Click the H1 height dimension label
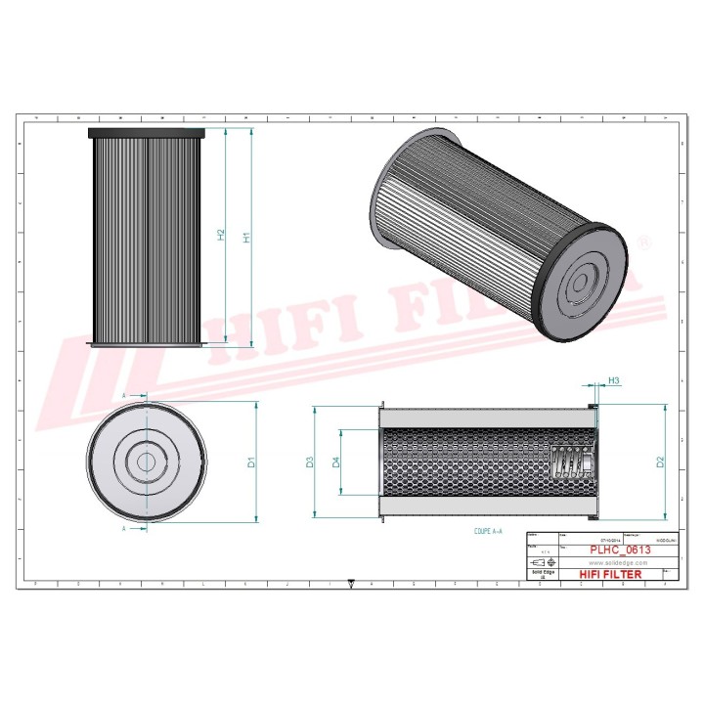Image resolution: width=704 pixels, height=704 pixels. [x=247, y=237]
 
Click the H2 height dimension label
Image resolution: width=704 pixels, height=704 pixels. [x=221, y=235]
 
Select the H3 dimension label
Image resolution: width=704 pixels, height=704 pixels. [x=614, y=379]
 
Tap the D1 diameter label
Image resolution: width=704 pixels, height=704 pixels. [x=251, y=462]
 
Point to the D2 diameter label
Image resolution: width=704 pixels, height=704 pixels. [x=661, y=461]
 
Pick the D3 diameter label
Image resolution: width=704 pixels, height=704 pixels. [x=309, y=462]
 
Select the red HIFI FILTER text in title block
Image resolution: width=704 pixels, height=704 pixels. [x=610, y=575]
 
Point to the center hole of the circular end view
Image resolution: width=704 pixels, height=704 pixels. [x=147, y=462]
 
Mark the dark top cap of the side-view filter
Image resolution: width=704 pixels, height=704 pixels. [x=147, y=133]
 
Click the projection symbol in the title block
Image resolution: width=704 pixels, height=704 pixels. [x=542, y=563]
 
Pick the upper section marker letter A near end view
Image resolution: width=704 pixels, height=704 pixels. [x=124, y=395]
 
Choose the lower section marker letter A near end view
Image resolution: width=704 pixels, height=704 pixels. [x=124, y=528]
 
